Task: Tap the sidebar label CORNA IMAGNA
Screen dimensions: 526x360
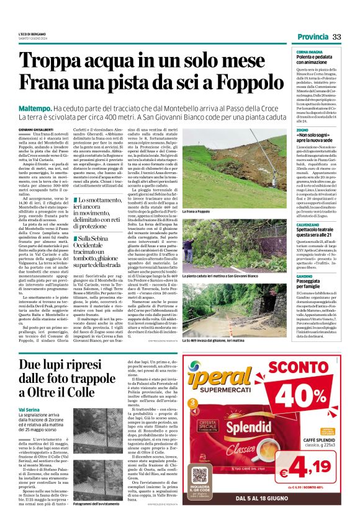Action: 310,52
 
